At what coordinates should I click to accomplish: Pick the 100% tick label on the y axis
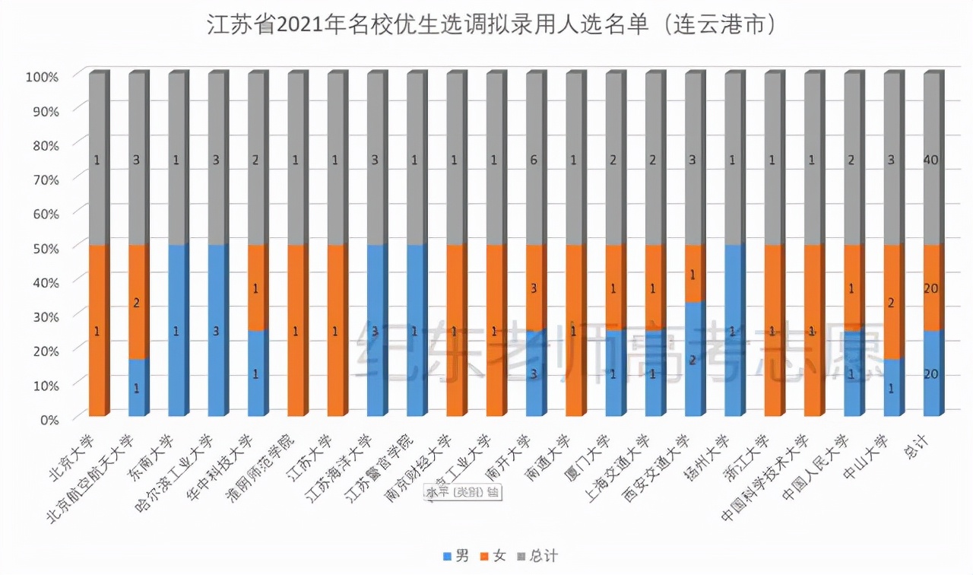pyautogui.click(x=42, y=76)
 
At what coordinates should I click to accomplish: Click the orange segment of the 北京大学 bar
pyautogui.click(x=97, y=331)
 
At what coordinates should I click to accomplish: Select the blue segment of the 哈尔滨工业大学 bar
pyautogui.click(x=217, y=331)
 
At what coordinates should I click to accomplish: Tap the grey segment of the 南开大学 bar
pyautogui.click(x=534, y=160)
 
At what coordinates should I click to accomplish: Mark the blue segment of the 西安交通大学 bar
pyautogui.click(x=693, y=359)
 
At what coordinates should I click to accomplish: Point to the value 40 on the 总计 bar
pyautogui.click(x=932, y=160)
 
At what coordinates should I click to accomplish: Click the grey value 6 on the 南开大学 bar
pyautogui.click(x=534, y=160)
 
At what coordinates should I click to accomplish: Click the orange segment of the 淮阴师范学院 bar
pyautogui.click(x=296, y=331)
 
